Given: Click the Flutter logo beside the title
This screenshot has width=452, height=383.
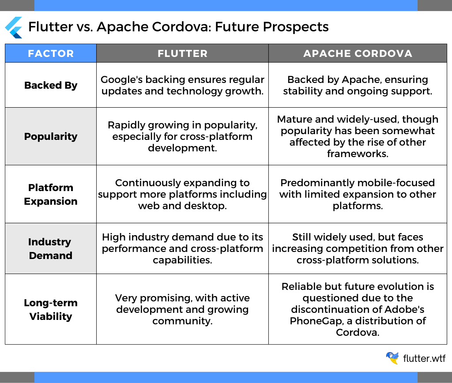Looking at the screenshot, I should pyautogui.click(x=14, y=27).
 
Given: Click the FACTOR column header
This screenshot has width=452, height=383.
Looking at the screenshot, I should pyautogui.click(x=51, y=53).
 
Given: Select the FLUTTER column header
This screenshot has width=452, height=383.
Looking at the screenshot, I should pyautogui.click(x=182, y=53).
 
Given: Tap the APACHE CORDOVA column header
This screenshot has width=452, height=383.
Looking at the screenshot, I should pyautogui.click(x=358, y=53).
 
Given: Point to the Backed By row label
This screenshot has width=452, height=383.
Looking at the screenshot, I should pyautogui.click(x=51, y=85).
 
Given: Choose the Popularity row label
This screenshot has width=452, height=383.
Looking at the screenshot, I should pyautogui.click(x=51, y=136).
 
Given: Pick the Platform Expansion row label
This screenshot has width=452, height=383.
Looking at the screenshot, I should pyautogui.click(x=51, y=194).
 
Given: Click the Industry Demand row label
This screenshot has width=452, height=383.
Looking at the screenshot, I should pyautogui.click(x=51, y=248).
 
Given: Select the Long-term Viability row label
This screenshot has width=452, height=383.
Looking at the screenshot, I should pyautogui.click(x=51, y=309).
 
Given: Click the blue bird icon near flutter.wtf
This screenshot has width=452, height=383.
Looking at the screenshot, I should pyautogui.click(x=392, y=358).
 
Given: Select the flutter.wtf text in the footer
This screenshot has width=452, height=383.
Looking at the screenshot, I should pyautogui.click(x=424, y=358).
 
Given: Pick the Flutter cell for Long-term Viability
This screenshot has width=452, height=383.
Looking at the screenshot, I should pyautogui.click(x=182, y=309).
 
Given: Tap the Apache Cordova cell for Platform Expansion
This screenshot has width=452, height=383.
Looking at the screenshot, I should pyautogui.click(x=358, y=194).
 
